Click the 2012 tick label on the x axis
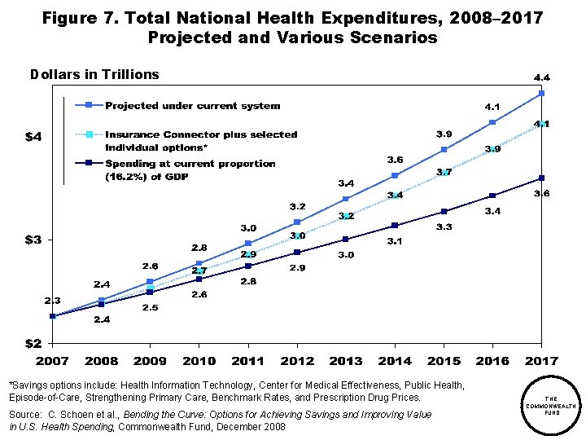297,361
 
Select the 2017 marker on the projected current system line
541,94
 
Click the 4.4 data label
541,77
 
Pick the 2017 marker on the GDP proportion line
541,178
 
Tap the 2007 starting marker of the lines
52,316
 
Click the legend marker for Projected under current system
90,105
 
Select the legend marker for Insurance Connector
90,134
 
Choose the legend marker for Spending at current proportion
90,163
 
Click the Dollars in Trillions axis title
94,74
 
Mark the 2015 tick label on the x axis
444,361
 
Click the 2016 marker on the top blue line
492,122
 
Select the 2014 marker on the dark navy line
395,225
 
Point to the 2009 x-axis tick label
150,361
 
